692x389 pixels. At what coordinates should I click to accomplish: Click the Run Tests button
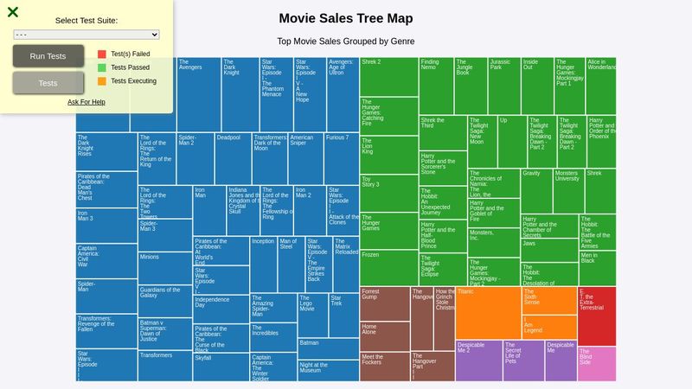pos(48,56)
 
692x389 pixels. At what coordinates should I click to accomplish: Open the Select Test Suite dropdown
pos(86,35)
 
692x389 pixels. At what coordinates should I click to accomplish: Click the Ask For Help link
pos(86,102)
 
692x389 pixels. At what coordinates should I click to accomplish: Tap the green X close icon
pos(13,12)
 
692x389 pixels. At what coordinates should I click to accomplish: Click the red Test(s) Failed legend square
pos(102,54)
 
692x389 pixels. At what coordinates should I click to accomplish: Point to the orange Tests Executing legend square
pos(102,81)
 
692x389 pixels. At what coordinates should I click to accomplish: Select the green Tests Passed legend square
pos(102,67)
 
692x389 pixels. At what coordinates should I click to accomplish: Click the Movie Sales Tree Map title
pos(345,18)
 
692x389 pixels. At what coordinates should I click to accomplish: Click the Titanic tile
pos(488,312)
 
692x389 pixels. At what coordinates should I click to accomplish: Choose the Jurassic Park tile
pos(503,86)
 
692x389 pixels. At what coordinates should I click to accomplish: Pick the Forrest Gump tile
pos(384,303)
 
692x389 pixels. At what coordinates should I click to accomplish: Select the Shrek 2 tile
pos(388,76)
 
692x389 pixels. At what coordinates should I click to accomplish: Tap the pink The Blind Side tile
pos(596,364)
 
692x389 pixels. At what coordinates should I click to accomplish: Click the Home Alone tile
pos(384,336)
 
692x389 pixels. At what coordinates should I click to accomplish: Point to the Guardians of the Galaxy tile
pos(164,303)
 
